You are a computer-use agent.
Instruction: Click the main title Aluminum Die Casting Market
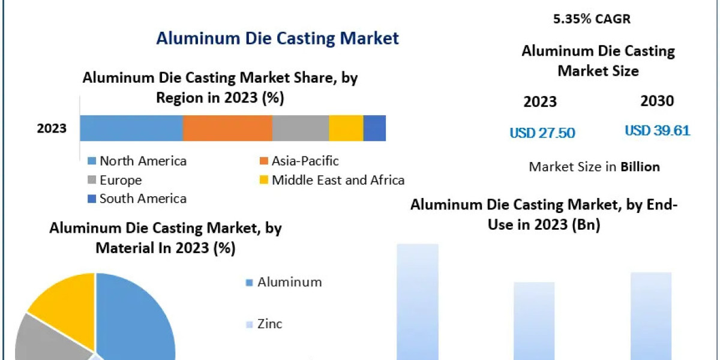pyautogui.click(x=277, y=38)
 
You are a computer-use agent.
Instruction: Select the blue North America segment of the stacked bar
pyautogui.click(x=131, y=128)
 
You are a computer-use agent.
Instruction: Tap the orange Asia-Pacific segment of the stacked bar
pyautogui.click(x=227, y=128)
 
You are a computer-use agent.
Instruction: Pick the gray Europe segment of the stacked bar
pyautogui.click(x=300, y=128)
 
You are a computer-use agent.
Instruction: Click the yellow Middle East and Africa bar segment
pyautogui.click(x=346, y=128)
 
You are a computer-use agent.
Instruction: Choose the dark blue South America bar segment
pyautogui.click(x=374, y=128)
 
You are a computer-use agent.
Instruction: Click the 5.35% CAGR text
pyautogui.click(x=592, y=19)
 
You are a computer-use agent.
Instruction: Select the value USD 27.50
pyautogui.click(x=542, y=133)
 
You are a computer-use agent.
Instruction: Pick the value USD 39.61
pyautogui.click(x=658, y=131)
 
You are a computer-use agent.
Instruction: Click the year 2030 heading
pyautogui.click(x=657, y=101)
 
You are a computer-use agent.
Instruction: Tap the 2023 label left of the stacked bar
pyautogui.click(x=52, y=128)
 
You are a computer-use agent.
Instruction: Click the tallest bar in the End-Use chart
pyautogui.click(x=418, y=300)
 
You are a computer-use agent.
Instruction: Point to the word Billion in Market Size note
pyautogui.click(x=640, y=167)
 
